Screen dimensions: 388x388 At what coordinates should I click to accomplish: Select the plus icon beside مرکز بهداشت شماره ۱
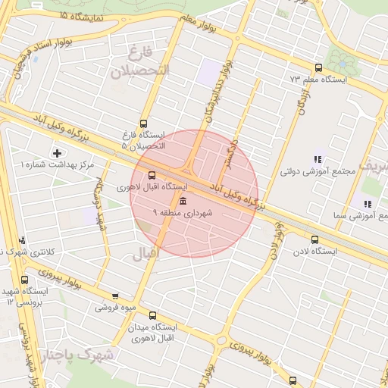pos(57,153)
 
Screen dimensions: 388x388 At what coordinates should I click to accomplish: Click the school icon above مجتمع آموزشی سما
pos(368,204)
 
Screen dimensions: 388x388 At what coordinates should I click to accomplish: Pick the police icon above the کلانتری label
pos(22,239)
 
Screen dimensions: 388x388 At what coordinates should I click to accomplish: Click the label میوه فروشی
pos(114,308)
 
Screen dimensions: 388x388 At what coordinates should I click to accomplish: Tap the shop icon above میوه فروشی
pos(114,296)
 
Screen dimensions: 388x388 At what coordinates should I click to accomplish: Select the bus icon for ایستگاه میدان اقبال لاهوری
pos(154,314)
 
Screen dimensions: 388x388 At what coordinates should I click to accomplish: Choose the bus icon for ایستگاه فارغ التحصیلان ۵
pos(144,124)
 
